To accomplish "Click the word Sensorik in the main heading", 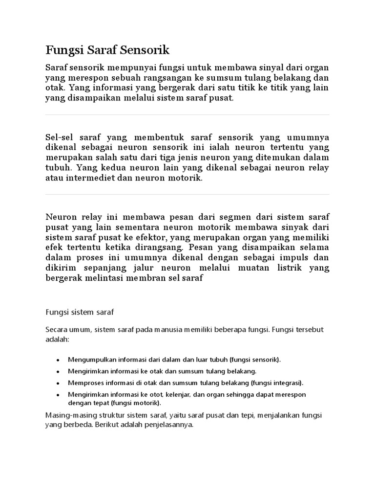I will [146, 50].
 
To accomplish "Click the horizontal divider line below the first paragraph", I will [187, 115].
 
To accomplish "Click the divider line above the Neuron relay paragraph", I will [187, 195].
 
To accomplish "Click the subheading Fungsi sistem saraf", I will [79, 311].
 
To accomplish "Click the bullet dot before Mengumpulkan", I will [58, 360].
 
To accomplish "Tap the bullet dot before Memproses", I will [58, 383].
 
